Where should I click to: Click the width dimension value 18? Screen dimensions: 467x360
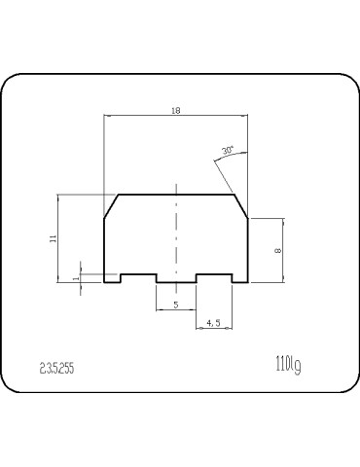point(175,111)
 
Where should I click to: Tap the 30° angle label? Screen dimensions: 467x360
point(227,151)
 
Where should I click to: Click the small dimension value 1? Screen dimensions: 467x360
point(76,277)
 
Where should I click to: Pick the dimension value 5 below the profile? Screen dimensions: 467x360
point(175,305)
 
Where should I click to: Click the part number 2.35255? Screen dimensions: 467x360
point(57,368)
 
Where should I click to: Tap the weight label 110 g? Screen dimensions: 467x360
point(286,365)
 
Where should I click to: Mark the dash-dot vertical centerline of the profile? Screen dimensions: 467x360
point(175,233)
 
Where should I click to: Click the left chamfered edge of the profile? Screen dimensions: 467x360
point(111,205)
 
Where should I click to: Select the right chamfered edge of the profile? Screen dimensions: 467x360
point(239,205)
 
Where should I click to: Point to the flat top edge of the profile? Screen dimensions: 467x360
point(175,195)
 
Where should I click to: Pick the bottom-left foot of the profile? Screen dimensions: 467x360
point(112,280)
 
